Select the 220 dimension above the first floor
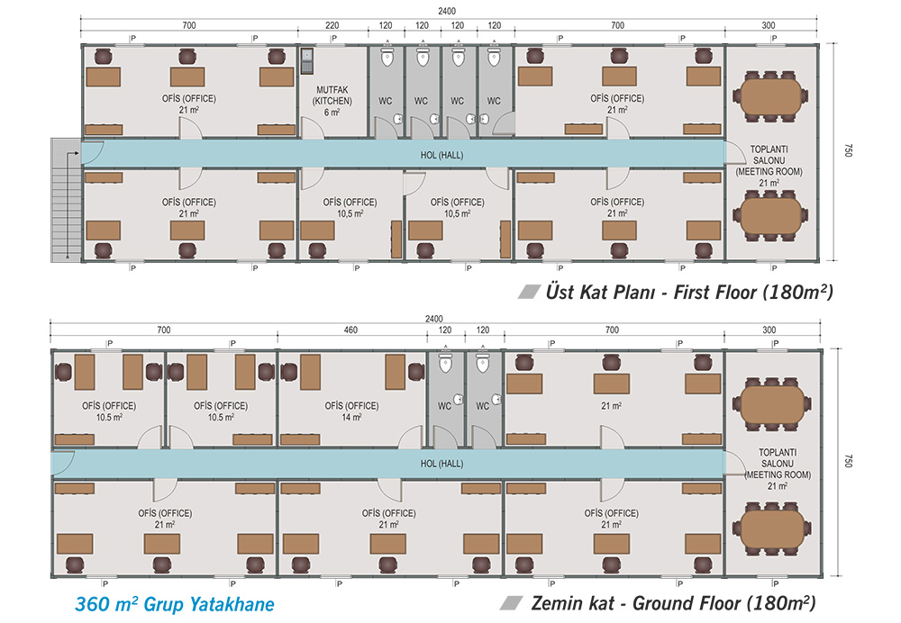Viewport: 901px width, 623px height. pos(332,25)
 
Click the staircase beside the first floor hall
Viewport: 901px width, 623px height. pos(66,200)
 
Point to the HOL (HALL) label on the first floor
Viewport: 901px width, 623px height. pos(441,155)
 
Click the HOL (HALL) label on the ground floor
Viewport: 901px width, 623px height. pos(441,464)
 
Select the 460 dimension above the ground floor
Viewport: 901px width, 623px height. pos(350,330)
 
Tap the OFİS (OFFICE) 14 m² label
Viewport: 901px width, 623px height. pos(351,411)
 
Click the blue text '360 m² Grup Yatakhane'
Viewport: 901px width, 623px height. pos(175,604)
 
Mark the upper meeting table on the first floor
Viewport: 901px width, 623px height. pos(770,96)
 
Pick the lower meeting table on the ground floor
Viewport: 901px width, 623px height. pos(772,529)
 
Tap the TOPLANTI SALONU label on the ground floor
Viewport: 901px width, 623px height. pos(778,458)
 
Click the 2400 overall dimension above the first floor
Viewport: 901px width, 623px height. pos(447,11)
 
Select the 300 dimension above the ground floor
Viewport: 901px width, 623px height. pos(769,330)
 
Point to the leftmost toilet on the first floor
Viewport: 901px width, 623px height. pos(387,57)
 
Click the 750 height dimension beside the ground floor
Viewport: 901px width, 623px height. pos(848,461)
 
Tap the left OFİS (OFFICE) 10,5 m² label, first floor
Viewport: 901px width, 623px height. pos(350,208)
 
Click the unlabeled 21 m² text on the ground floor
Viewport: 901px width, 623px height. pos(612,406)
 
